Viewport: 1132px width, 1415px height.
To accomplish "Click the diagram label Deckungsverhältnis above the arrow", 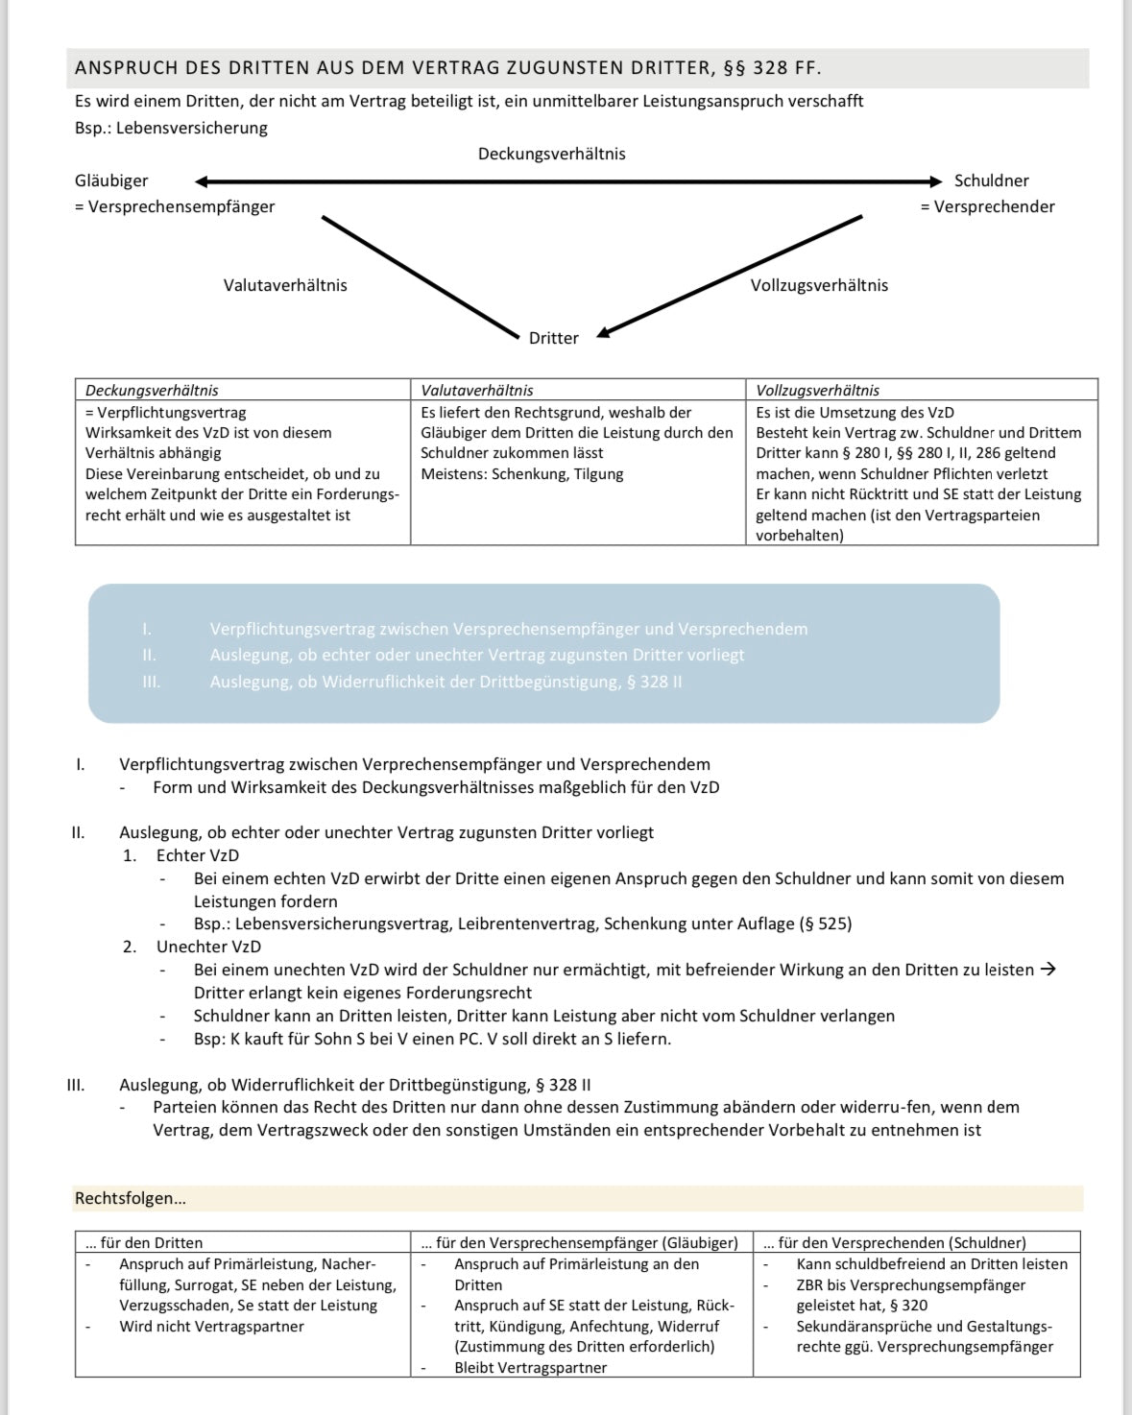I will point(551,154).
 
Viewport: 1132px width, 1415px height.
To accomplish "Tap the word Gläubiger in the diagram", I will point(111,180).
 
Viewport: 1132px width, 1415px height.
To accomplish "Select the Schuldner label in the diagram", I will point(991,180).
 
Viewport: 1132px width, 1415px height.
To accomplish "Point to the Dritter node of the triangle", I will point(554,338).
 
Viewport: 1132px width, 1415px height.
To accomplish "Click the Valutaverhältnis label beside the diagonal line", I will point(285,285).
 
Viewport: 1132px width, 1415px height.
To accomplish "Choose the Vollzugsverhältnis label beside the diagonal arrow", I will point(819,285).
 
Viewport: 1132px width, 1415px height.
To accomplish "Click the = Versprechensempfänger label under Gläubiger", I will point(175,206).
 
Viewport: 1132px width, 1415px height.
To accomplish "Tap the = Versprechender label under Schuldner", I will point(987,206).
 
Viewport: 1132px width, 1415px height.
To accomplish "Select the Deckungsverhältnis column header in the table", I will point(152,391).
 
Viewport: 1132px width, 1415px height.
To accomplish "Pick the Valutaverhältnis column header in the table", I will point(477,391).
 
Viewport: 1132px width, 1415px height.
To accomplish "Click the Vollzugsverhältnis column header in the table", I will point(817,391).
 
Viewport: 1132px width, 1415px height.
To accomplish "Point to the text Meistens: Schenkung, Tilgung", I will point(522,474).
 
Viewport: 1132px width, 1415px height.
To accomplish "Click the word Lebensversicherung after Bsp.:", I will point(192,128).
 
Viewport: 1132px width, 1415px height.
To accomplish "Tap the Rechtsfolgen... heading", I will point(131,1198).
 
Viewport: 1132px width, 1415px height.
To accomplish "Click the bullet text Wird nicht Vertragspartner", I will point(211,1327).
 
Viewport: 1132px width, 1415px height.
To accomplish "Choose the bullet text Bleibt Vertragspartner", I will point(530,1368).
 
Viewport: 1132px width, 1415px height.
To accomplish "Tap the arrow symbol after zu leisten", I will point(1048,970).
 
